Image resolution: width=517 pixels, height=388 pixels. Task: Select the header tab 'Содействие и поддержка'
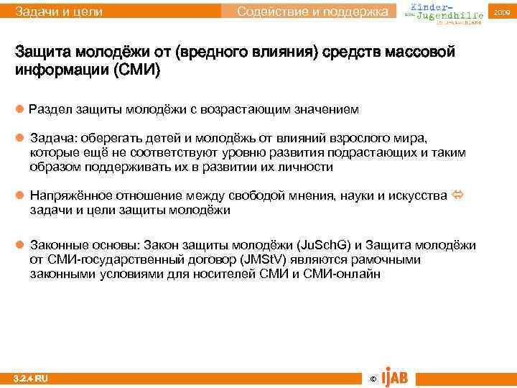(316, 11)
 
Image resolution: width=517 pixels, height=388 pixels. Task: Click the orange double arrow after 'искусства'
(457, 195)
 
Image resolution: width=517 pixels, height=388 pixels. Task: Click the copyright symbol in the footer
(371, 379)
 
